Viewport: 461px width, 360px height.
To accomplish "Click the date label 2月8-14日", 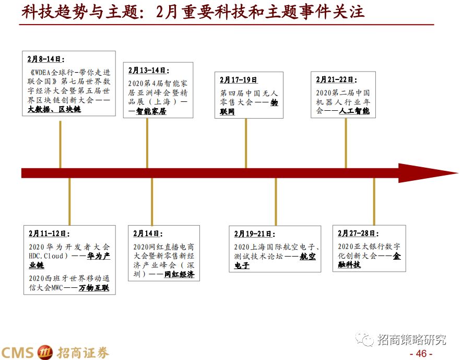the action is pos(44,59).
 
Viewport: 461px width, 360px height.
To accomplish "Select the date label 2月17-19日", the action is pos(239,80).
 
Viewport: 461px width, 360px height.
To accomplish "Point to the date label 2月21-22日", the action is pos(335,79).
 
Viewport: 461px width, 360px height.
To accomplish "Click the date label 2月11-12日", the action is pos(49,234).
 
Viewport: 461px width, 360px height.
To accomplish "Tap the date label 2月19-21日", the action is pos(254,234).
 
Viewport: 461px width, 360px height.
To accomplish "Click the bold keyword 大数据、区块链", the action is pos(54,109).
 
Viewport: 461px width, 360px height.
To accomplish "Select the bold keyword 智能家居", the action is pos(151,111).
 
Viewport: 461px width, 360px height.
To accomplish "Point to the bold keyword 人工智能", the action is pos(354,111).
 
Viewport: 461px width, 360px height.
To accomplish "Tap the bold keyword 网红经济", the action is pos(179,274).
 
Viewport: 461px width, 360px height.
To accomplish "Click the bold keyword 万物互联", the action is pos(94,288).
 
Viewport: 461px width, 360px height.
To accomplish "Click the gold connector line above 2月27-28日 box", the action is pos(374,201).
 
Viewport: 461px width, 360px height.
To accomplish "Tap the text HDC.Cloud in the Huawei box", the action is pos(48,256).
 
